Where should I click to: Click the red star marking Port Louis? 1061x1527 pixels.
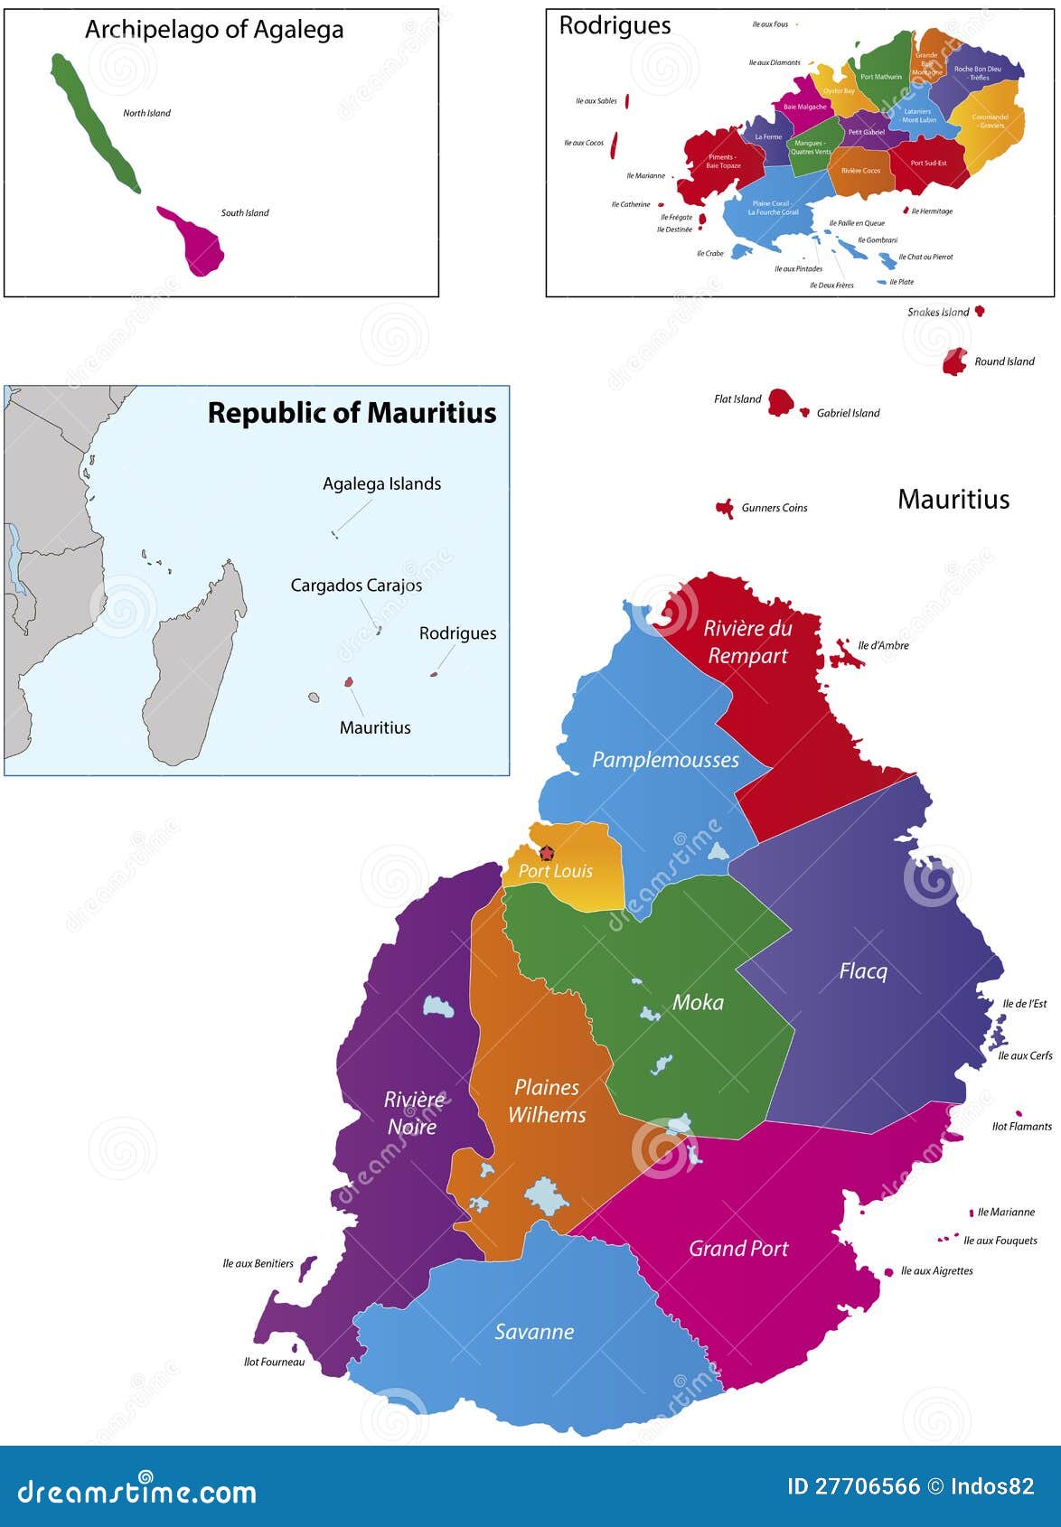pyautogui.click(x=546, y=852)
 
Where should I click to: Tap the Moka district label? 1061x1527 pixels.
pyautogui.click(x=698, y=1001)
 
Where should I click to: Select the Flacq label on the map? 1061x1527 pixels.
pyautogui.click(x=863, y=971)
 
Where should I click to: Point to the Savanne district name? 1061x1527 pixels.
pyautogui.click(x=534, y=1331)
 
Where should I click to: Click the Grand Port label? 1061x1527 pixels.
pyautogui.click(x=738, y=1248)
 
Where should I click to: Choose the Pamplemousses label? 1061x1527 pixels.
pyautogui.click(x=665, y=760)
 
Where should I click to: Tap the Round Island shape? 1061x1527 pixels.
pyautogui.click(x=954, y=361)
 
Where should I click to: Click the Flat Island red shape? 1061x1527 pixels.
pyautogui.click(x=780, y=402)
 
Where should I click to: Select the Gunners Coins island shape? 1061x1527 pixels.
pyautogui.click(x=725, y=509)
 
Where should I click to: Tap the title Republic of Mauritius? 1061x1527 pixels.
pyautogui.click(x=352, y=413)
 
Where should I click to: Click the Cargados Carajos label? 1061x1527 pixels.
pyautogui.click(x=356, y=586)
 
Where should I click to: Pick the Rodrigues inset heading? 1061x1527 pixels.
pyautogui.click(x=615, y=25)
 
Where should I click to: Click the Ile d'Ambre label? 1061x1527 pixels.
pyautogui.click(x=883, y=645)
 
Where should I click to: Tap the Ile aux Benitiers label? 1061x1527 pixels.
pyautogui.click(x=258, y=1263)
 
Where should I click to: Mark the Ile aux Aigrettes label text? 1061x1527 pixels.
pyautogui.click(x=936, y=1270)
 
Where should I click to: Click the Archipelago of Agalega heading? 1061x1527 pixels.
pyautogui.click(x=214, y=30)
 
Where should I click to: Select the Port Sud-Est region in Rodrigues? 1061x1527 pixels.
pyautogui.click(x=928, y=164)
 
